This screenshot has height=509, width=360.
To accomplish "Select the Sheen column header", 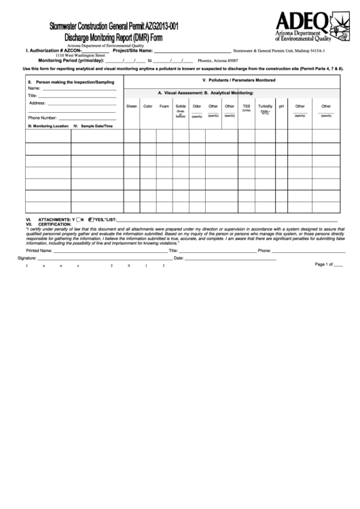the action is pos(132,106).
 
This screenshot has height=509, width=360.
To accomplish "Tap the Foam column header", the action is pos(164,106).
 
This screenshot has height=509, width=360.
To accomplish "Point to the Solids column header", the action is pos(181,106).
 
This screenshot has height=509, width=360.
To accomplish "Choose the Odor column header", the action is pos(197,106).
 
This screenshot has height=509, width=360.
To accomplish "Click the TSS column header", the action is pos(247,106).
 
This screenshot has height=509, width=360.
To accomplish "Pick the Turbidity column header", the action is pos(265,106).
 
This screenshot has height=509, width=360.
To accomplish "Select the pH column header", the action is pos(281,106).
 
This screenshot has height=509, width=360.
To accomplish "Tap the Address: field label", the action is pos(38,103).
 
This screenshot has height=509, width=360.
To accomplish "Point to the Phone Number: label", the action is pos(42,118).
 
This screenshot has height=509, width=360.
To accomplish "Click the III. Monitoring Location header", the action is pos(48,126).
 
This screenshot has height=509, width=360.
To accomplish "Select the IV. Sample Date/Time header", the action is pos(97,126).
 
